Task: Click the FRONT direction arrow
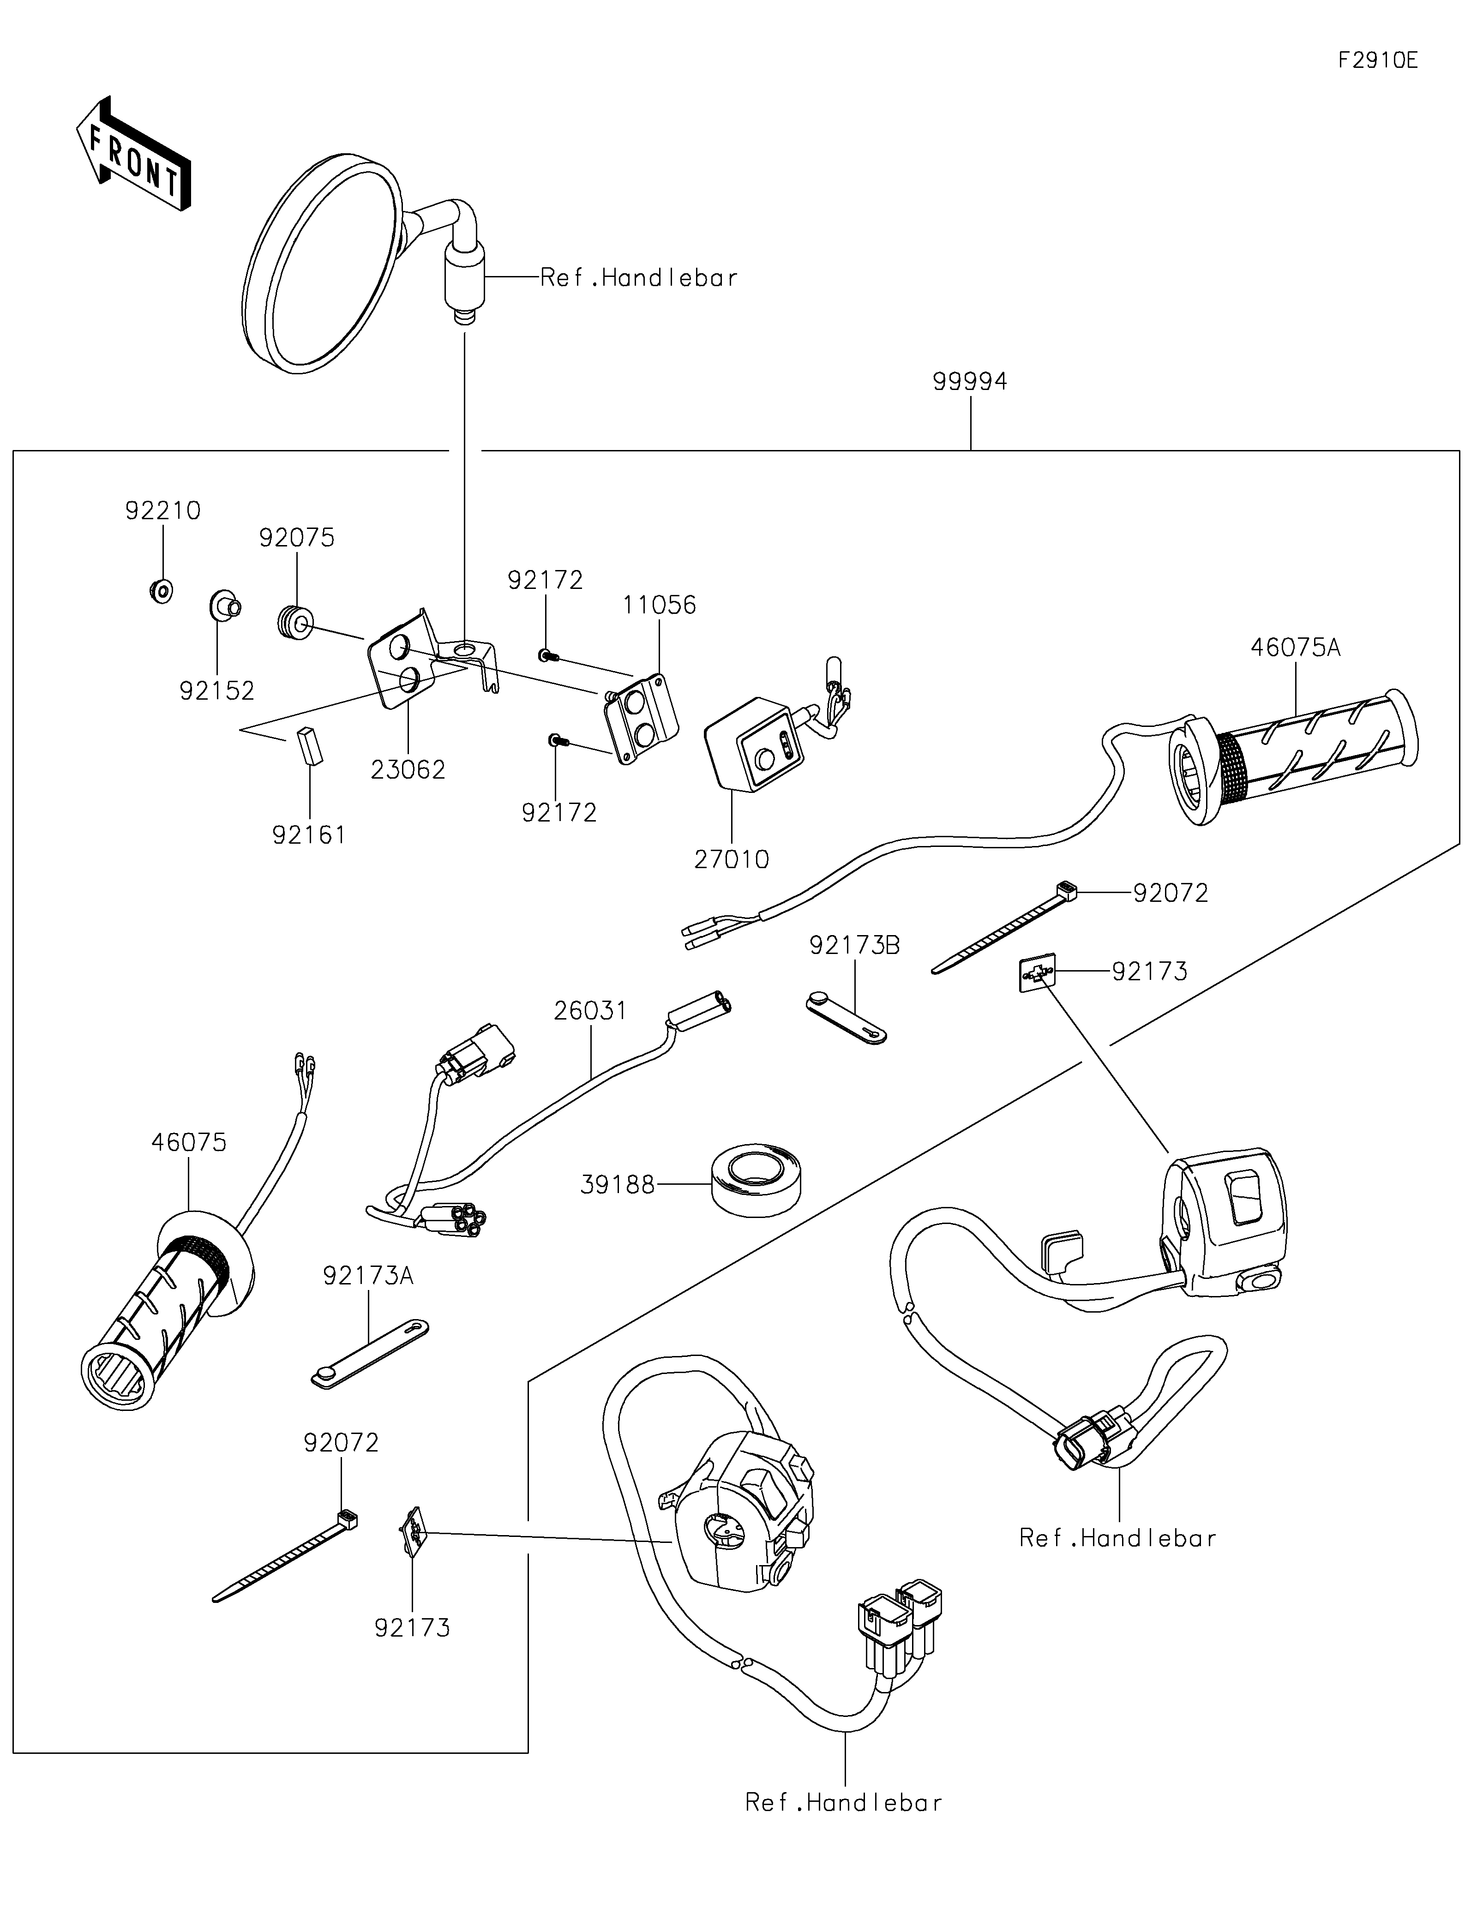133,154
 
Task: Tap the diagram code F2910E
1378,60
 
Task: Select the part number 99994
970,382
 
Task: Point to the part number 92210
162,510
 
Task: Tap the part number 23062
408,770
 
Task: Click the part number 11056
660,606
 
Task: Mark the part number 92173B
854,945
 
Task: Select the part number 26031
590,1011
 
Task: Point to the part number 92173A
368,1276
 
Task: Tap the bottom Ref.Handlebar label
844,1802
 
